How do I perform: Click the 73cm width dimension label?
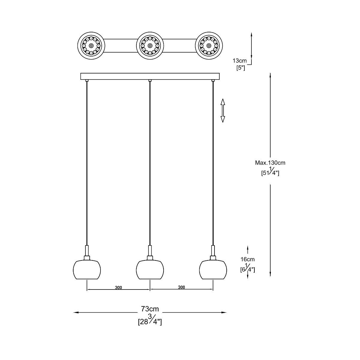(150, 309)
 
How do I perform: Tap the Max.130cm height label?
(270, 163)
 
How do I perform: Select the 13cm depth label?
(239, 61)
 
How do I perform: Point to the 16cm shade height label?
(247, 259)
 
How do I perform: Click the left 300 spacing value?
(118, 288)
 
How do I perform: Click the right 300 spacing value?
(181, 287)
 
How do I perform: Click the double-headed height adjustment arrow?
(223, 110)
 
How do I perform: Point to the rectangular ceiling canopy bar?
(150, 76)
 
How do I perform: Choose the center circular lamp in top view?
(150, 46)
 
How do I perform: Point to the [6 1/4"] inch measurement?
(247, 269)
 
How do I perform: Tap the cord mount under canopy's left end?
(87, 80)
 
